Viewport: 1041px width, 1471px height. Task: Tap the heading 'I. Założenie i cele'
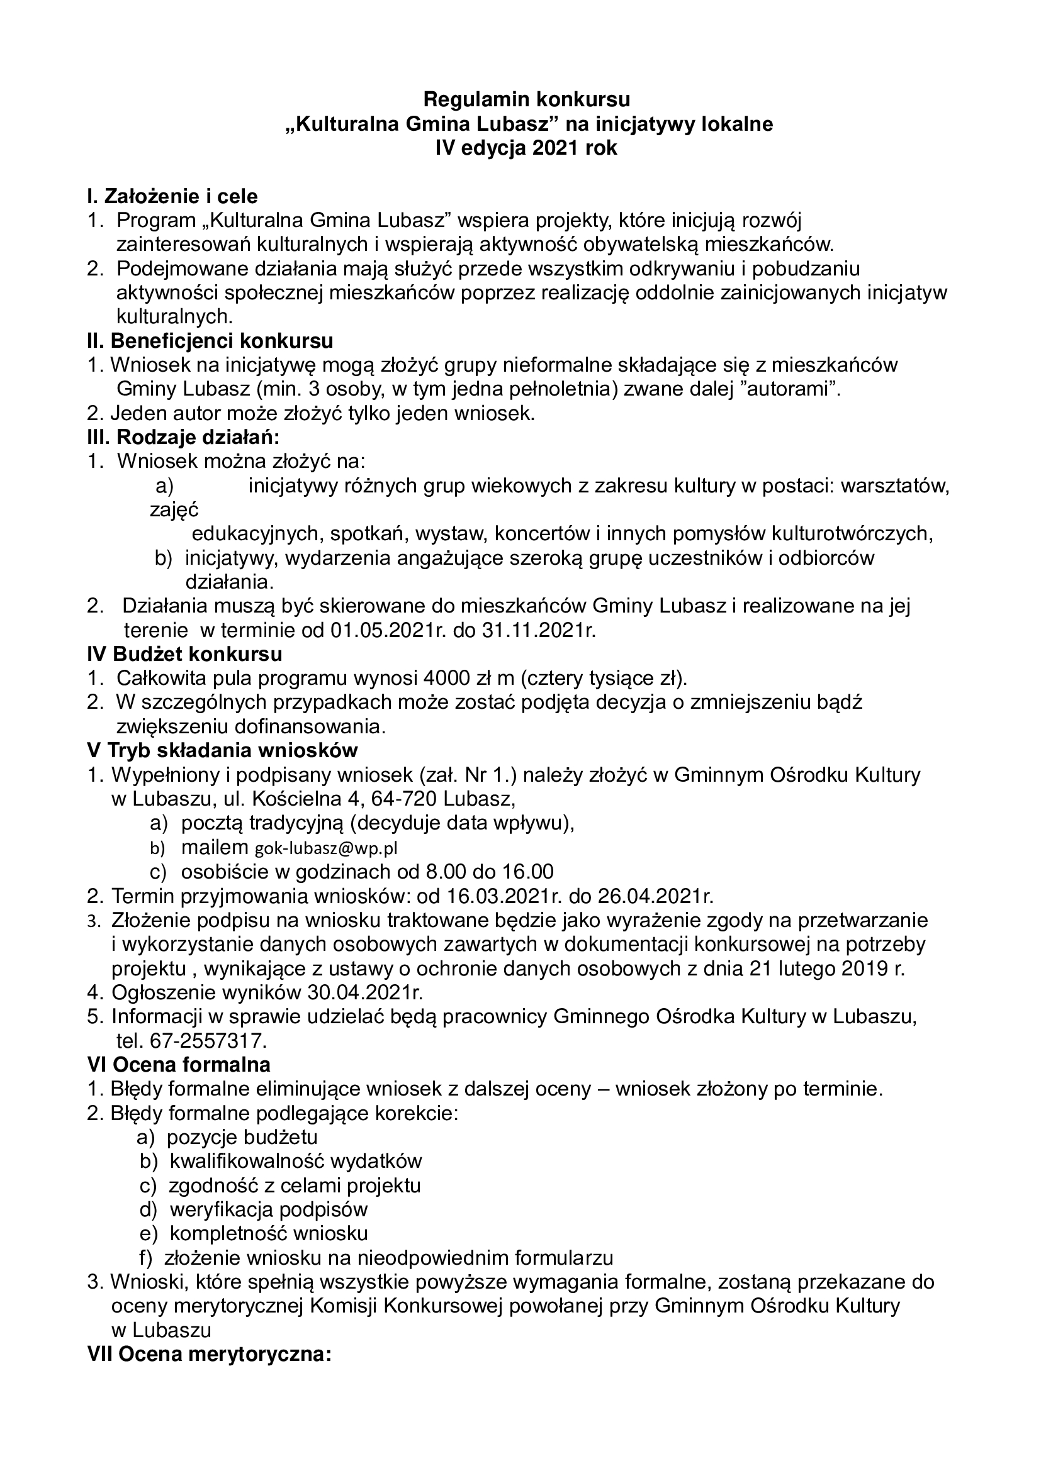pyautogui.click(x=172, y=196)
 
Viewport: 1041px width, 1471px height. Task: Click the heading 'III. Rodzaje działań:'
pyautogui.click(x=183, y=437)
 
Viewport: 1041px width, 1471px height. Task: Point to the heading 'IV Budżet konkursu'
pyautogui.click(x=184, y=654)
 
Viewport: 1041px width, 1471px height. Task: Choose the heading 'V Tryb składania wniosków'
pyautogui.click(x=222, y=750)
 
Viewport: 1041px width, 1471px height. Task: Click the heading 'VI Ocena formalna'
pyautogui.click(x=179, y=1064)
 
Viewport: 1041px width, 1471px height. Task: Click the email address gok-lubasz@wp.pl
pyautogui.click(x=326, y=848)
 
